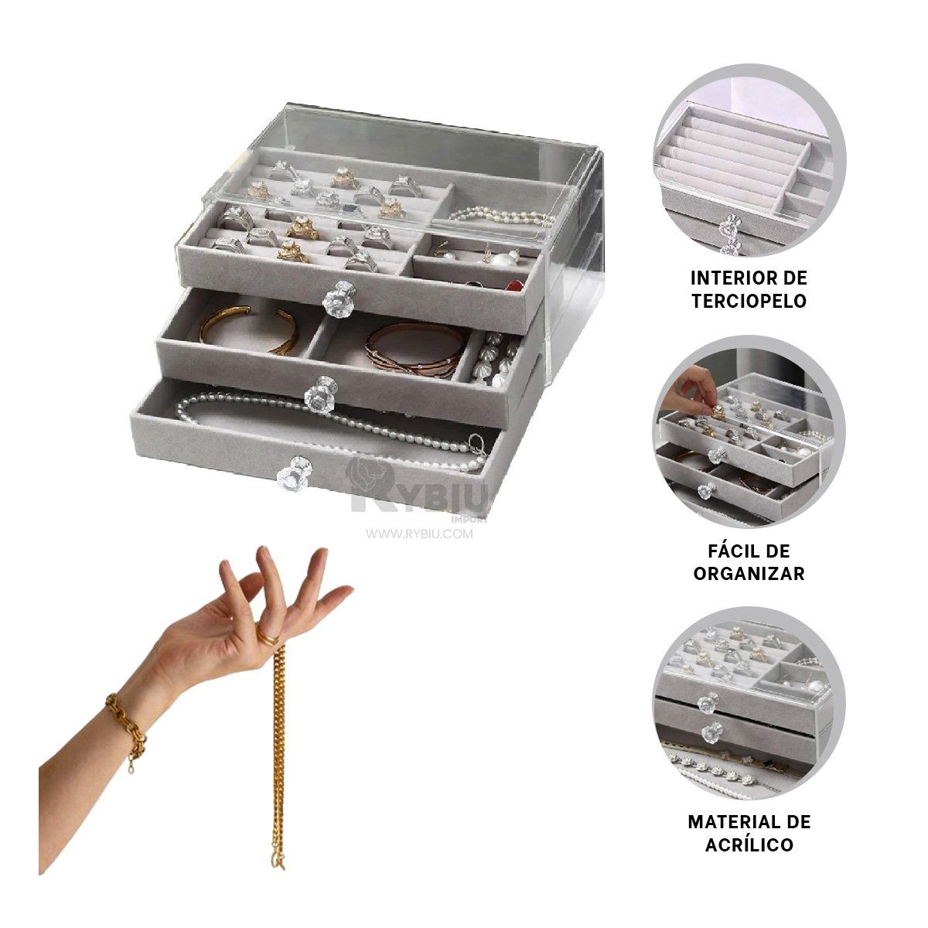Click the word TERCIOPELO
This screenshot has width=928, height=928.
pyautogui.click(x=748, y=301)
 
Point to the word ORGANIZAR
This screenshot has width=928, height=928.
pyautogui.click(x=748, y=574)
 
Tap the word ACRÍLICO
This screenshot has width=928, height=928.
pyautogui.click(x=749, y=844)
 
